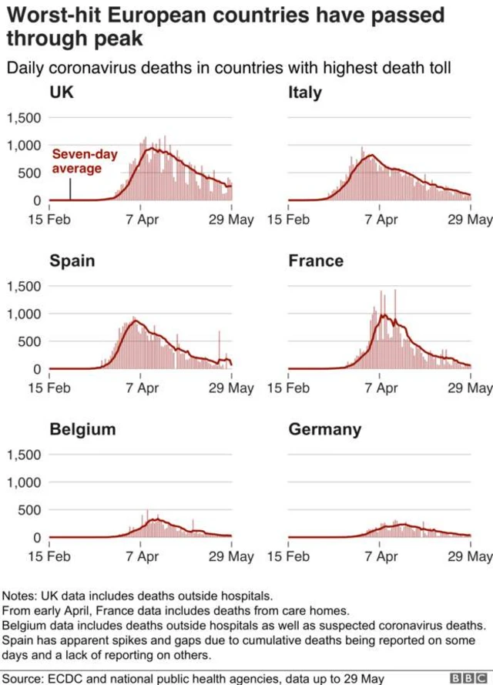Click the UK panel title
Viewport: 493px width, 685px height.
(62, 92)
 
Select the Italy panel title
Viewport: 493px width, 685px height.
(305, 93)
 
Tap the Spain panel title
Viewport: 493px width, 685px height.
(72, 260)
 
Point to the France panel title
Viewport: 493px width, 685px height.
(316, 260)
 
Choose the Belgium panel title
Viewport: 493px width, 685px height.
(82, 429)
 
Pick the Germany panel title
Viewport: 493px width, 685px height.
(325, 429)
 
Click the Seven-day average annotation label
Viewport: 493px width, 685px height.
(85, 161)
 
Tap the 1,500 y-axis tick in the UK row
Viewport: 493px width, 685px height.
(24, 118)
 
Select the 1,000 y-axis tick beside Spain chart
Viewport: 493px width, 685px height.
(24, 314)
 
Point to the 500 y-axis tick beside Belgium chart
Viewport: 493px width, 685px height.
(29, 510)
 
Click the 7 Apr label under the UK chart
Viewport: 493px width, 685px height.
(142, 219)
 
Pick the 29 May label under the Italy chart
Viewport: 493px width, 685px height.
(470, 219)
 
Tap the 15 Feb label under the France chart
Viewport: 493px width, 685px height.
(288, 388)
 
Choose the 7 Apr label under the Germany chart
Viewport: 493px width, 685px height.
(381, 556)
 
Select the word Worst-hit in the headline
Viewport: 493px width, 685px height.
(53, 15)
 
